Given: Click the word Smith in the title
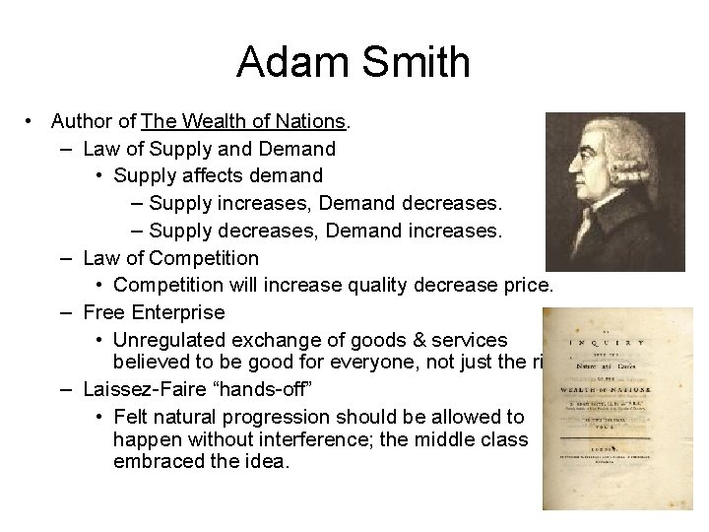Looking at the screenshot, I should (413, 62).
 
